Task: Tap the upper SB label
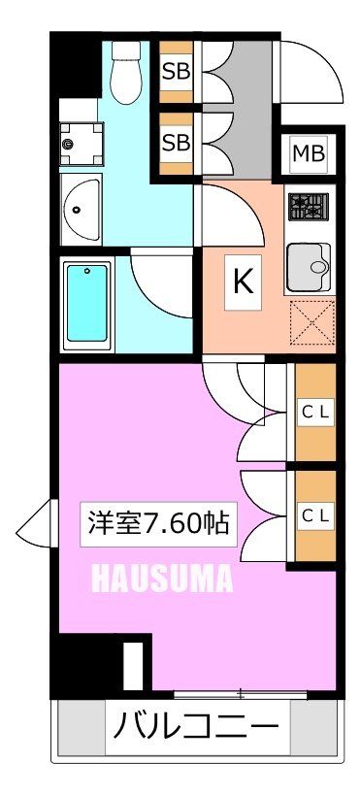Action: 176,71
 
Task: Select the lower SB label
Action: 176,142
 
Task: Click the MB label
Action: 310,153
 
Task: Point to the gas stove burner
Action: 309,206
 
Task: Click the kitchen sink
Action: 309,260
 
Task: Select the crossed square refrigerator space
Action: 311,322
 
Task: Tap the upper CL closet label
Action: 313,411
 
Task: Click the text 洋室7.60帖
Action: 159,525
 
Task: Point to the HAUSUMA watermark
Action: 162,580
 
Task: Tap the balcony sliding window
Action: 241,693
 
